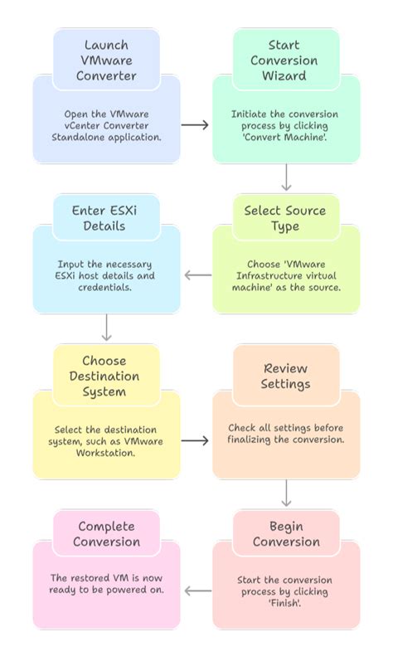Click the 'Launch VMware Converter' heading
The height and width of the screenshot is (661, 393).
[106, 60]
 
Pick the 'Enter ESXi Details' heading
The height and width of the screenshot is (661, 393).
[106, 218]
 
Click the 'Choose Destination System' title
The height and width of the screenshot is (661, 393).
[106, 376]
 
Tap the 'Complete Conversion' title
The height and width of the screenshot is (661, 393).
[106, 534]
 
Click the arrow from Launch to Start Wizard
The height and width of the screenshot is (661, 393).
[196, 124]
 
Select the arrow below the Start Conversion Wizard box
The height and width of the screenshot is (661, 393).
[286, 177]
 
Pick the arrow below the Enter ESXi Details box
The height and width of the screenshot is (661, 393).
[106, 328]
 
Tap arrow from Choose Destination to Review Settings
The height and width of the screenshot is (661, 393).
[196, 440]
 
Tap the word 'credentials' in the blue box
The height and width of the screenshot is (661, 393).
[106, 286]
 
